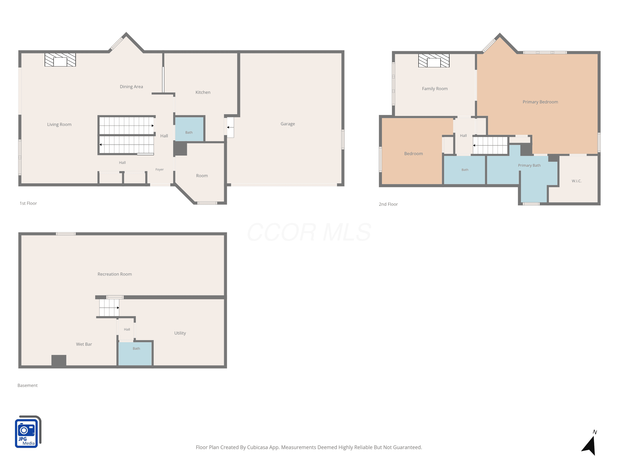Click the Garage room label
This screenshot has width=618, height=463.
click(x=288, y=124)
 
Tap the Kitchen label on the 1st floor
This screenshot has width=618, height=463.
click(x=203, y=92)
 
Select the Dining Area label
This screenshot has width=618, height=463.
click(x=131, y=87)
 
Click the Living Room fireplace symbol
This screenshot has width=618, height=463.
click(x=60, y=60)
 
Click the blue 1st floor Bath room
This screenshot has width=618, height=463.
click(x=189, y=129)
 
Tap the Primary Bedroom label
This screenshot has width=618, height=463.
click(x=540, y=102)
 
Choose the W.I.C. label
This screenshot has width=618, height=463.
click(x=576, y=181)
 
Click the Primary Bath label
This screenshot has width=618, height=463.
click(x=529, y=165)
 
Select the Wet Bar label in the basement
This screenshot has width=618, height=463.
click(x=84, y=344)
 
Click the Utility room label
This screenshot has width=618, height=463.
click(x=180, y=333)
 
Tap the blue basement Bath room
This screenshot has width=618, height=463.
click(x=135, y=354)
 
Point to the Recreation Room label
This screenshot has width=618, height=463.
click(x=115, y=274)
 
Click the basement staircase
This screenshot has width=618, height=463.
click(x=109, y=308)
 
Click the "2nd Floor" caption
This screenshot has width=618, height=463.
click(x=388, y=204)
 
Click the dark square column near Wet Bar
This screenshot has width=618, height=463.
click(x=59, y=360)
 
